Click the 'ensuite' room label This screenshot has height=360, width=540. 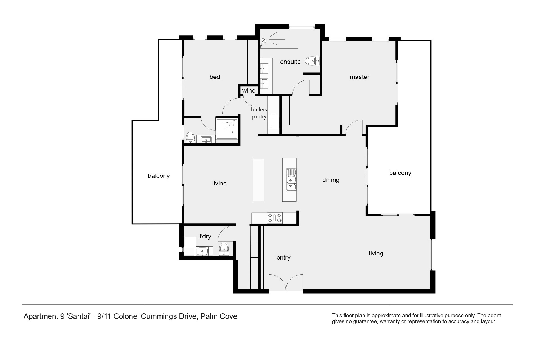point(290,62)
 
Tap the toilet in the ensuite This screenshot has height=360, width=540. point(312,61)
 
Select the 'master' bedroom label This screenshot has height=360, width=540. point(359,77)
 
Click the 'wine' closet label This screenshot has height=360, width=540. point(249,91)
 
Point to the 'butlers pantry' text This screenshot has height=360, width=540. point(259,113)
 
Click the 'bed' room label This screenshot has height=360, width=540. point(215,77)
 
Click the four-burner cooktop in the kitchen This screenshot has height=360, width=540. point(274,218)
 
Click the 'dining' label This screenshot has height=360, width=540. point(331,180)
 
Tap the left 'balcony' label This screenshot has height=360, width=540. point(159,176)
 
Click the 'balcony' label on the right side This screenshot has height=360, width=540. point(400,173)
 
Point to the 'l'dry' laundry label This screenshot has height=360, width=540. point(205,236)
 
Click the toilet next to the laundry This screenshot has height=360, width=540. point(224,249)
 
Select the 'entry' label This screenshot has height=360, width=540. point(283,258)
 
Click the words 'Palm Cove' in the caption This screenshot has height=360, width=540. point(219,316)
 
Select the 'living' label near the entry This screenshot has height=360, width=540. point(376,253)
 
